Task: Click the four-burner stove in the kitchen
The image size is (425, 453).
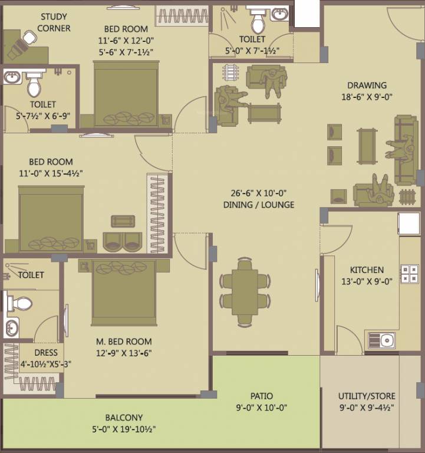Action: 409,273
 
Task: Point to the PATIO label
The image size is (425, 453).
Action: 261,396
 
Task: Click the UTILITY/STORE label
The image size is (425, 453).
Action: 367,396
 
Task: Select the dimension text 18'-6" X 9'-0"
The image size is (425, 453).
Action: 367,97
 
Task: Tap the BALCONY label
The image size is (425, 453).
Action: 124,418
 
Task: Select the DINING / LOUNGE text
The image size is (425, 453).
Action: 259,205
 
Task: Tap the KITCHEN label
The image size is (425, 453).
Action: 367,270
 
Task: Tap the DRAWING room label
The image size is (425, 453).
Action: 367,86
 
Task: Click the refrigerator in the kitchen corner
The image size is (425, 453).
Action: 408,224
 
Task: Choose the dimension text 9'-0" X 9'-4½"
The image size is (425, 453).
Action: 367,408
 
